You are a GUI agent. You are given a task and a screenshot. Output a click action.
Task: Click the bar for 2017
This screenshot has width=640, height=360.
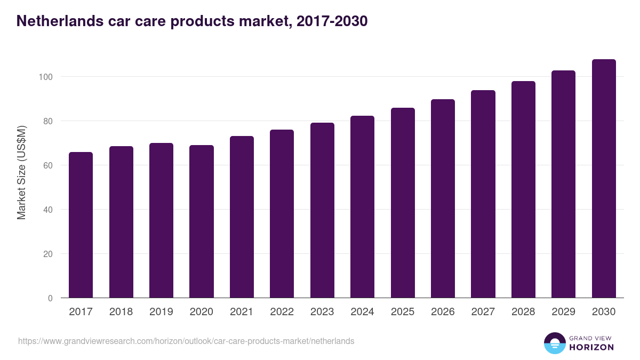click(81, 225)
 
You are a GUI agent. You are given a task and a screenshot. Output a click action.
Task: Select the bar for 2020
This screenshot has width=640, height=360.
click(202, 221)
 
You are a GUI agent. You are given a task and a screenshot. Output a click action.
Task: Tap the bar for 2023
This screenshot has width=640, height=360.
click(322, 210)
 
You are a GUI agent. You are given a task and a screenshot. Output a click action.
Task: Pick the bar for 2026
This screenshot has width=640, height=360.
click(443, 198)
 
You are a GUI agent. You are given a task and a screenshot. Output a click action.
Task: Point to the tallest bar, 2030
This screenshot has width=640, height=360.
click(604, 179)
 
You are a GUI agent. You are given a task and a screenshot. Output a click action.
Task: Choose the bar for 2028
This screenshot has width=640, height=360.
click(523, 189)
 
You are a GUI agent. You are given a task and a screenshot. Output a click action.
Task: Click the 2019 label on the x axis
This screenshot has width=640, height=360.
click(161, 312)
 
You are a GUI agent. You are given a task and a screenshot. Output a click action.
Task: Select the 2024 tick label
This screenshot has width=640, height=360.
click(362, 312)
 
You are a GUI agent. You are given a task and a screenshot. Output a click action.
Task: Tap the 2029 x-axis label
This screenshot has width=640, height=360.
click(563, 312)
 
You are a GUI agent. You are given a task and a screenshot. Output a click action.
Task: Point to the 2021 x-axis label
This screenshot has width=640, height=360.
click(242, 312)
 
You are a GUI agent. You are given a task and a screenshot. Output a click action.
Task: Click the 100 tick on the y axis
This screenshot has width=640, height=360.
click(45, 77)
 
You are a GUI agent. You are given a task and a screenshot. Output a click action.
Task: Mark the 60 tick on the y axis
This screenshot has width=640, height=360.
click(47, 165)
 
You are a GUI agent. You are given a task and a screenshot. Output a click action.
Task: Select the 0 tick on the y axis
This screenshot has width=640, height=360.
click(50, 298)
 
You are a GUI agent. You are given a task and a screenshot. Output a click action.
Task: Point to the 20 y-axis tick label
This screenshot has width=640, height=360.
click(47, 254)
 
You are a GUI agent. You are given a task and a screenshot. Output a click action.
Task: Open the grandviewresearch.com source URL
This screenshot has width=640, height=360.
click(186, 341)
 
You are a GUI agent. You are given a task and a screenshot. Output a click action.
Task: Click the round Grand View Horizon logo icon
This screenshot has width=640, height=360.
click(554, 343)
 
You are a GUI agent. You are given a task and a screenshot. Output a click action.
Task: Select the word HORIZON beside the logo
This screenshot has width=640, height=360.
click(591, 347)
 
